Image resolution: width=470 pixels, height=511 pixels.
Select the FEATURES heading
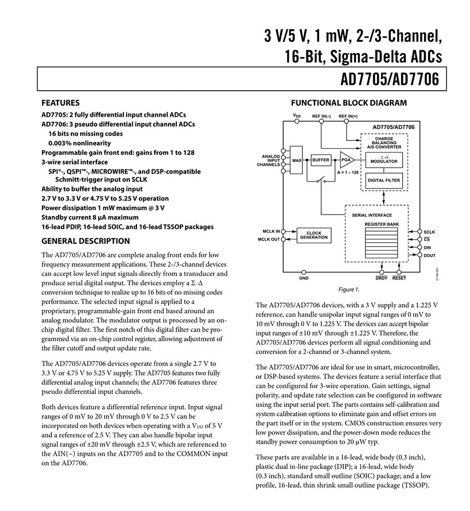60,103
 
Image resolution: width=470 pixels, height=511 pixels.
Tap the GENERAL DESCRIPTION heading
86,241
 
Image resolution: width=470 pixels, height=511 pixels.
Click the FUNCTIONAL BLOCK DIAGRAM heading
349,103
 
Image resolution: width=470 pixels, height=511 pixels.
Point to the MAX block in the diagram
297,160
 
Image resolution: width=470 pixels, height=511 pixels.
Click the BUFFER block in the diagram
321,160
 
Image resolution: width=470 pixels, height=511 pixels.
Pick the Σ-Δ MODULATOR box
384,159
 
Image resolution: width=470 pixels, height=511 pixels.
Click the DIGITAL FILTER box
384,180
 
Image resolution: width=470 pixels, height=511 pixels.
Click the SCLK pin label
430,232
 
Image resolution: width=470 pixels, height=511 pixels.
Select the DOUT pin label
430,255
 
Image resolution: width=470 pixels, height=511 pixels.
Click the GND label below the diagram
304,277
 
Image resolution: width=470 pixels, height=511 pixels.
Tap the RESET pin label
399,278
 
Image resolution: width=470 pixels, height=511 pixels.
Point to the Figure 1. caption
349,289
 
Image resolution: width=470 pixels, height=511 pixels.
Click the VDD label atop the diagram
297,116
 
